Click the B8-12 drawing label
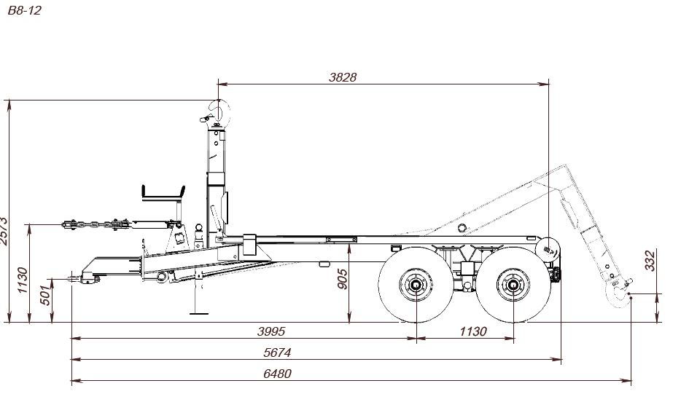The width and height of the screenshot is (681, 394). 24,10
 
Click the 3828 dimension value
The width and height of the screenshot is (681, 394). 343,77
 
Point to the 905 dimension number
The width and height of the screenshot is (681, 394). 342,279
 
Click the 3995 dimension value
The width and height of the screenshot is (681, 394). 271,331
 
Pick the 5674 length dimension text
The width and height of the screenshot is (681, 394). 277,352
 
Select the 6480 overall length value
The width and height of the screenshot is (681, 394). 277,374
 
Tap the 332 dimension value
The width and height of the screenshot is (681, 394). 650,261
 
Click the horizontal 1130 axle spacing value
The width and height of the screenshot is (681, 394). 473,331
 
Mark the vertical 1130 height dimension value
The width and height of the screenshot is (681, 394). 22,280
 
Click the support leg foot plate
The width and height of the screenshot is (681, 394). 199,313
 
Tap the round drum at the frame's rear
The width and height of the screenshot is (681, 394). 548,250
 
